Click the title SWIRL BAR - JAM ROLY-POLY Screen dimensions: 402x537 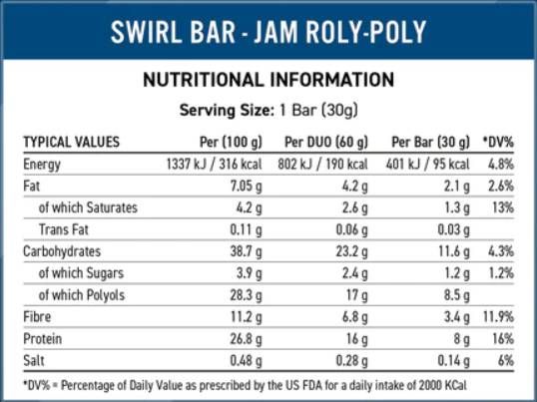click(268, 33)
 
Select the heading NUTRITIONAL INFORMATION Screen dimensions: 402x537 click(268, 80)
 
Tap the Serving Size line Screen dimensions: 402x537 click(268, 109)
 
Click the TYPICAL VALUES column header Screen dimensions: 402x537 click(71, 142)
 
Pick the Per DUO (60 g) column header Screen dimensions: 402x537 click(325, 142)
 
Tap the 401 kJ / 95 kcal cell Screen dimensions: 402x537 click(429, 164)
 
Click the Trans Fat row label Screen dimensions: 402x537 click(68, 229)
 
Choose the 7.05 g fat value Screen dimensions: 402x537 click(244, 186)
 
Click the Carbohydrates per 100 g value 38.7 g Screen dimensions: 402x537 click(245, 251)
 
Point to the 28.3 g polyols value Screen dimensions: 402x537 click(245, 295)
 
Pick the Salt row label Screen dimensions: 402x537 click(35, 361)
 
